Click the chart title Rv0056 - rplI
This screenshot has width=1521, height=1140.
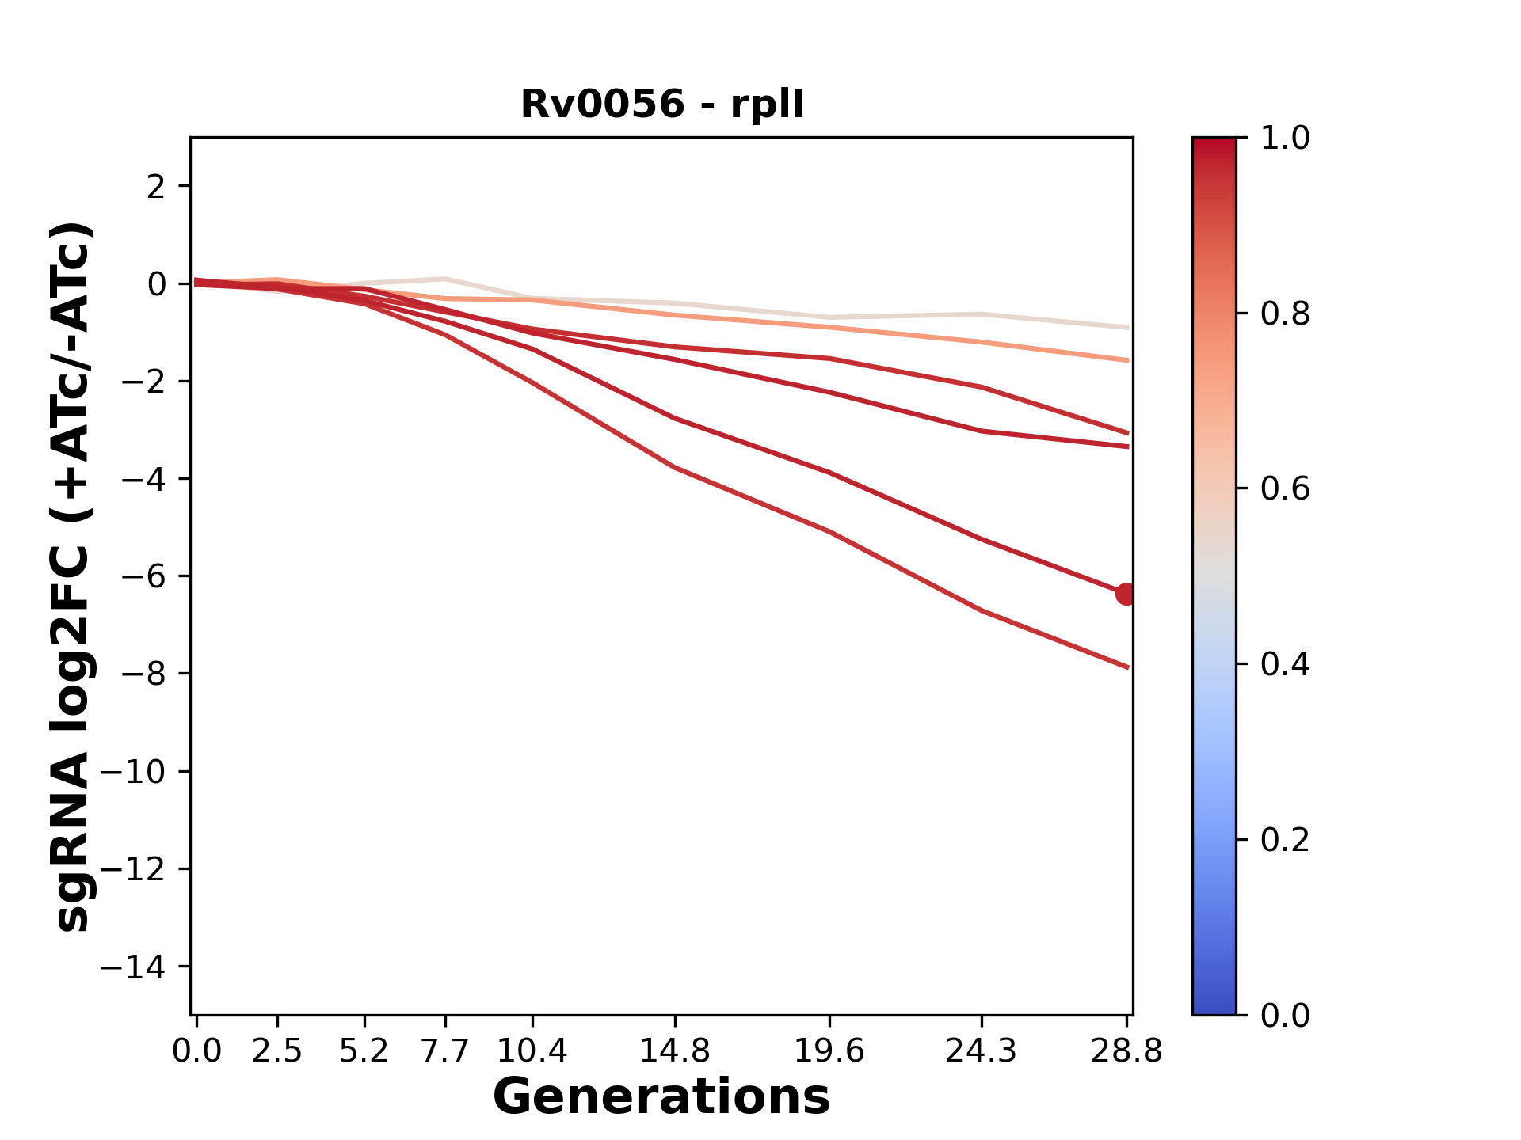click(x=662, y=104)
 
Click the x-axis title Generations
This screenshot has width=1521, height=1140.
click(x=661, y=1097)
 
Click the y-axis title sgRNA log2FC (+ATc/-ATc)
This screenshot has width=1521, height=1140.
click(x=73, y=576)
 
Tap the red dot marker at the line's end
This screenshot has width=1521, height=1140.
click(x=1126, y=593)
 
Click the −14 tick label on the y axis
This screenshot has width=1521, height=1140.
click(x=133, y=967)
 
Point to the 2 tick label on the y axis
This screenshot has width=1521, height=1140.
click(x=156, y=187)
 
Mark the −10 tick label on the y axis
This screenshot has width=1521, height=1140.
click(x=133, y=772)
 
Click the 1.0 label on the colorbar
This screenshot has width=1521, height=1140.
click(x=1285, y=139)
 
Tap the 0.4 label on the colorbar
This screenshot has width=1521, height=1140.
click(x=1285, y=664)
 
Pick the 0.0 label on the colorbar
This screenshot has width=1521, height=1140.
click(x=1285, y=1015)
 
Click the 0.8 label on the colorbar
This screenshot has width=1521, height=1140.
click(x=1285, y=314)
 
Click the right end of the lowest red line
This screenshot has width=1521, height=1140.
click(x=1127, y=667)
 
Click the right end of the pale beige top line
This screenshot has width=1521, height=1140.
click(x=1127, y=327)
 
